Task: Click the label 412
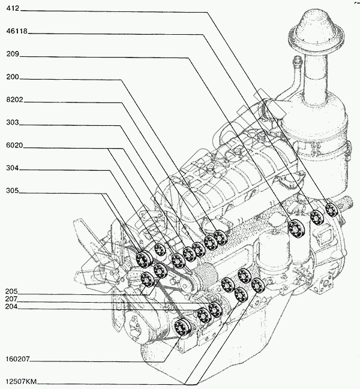13,8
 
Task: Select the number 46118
17,31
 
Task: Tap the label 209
13,54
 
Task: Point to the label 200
13,77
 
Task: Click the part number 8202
14,99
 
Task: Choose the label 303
13,122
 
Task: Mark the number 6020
14,145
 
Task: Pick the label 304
13,168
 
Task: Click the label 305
13,191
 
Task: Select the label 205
11,291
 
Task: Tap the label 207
11,299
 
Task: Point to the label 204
11,307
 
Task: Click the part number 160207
17,359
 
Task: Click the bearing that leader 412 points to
331,210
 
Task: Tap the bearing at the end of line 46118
317,218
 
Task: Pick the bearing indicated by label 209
296,228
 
